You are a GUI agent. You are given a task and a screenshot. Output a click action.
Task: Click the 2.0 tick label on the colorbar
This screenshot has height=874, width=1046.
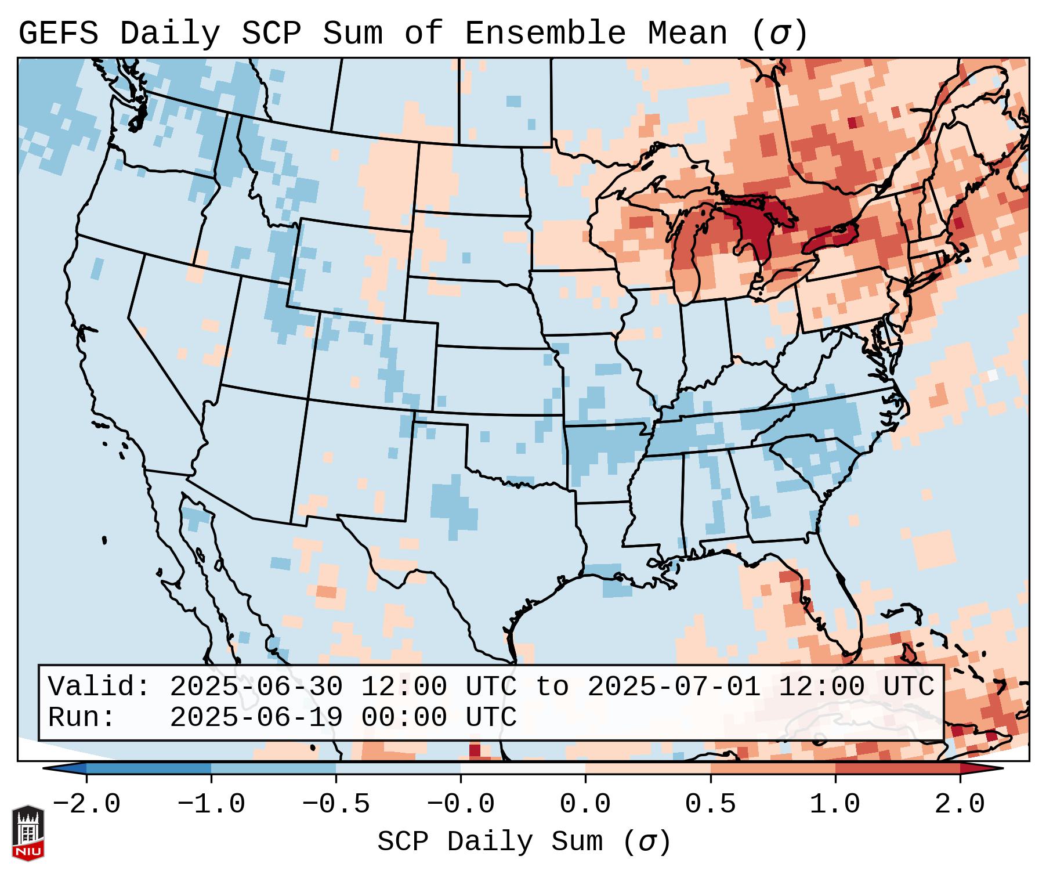(960, 804)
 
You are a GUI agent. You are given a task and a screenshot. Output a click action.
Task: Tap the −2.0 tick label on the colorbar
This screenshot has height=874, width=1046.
(86, 804)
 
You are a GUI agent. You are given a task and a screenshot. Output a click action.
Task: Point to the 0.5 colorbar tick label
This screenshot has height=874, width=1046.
(710, 804)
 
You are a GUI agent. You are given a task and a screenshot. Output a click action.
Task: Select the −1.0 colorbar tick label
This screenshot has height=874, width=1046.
(211, 804)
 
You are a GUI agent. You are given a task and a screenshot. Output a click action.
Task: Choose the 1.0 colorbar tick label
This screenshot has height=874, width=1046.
(835, 804)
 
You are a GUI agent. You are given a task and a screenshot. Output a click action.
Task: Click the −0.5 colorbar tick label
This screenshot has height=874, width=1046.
(336, 804)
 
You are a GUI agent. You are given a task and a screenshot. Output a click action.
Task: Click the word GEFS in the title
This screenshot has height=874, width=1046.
(58, 34)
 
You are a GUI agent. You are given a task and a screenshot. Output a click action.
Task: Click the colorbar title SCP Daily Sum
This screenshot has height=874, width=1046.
(491, 842)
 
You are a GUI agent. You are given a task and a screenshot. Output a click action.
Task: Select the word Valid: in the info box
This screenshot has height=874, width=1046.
(99, 687)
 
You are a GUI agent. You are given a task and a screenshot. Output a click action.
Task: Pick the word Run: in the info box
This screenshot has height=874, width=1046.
(82, 717)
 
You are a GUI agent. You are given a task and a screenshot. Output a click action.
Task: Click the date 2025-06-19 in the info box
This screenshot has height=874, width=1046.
(256, 717)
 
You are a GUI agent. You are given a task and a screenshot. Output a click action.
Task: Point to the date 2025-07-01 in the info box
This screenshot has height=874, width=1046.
(674, 687)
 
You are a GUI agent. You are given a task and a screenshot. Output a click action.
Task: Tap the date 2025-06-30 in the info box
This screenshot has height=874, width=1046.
(256, 687)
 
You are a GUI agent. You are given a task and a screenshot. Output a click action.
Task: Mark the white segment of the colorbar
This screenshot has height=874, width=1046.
(523, 768)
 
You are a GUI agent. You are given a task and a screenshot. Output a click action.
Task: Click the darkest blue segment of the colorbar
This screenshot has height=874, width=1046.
(149, 768)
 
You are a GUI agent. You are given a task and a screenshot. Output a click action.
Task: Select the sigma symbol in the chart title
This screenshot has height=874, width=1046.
(779, 34)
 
